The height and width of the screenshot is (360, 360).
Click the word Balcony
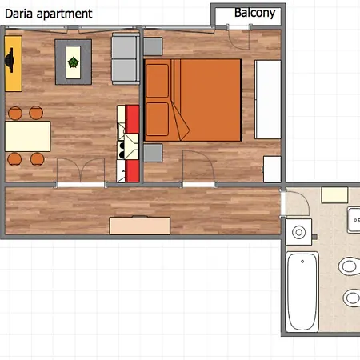(x=254, y=13)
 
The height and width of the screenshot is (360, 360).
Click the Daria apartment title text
(x=49, y=14)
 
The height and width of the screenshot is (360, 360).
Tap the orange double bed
(x=193, y=100)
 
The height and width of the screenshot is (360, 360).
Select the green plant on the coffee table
(x=74, y=62)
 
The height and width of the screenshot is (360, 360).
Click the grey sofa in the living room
(x=126, y=58)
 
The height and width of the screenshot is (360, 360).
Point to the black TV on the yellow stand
(x=10, y=60)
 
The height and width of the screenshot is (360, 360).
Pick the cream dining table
(x=28, y=136)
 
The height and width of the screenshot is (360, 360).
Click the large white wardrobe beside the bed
(x=268, y=99)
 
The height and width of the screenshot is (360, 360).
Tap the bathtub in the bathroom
(x=302, y=292)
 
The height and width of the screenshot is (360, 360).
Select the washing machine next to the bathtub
(x=298, y=232)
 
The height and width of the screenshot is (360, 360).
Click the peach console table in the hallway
(x=140, y=226)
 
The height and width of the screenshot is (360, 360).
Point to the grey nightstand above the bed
(x=153, y=46)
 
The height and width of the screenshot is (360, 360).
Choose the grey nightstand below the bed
(x=153, y=153)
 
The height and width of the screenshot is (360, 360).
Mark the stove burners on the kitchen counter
(x=122, y=150)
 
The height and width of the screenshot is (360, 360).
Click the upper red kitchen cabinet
(x=133, y=119)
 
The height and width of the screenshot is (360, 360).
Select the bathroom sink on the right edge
(x=354, y=220)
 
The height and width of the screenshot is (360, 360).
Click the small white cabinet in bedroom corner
(x=272, y=170)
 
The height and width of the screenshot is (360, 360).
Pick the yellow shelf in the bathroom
(x=334, y=195)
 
